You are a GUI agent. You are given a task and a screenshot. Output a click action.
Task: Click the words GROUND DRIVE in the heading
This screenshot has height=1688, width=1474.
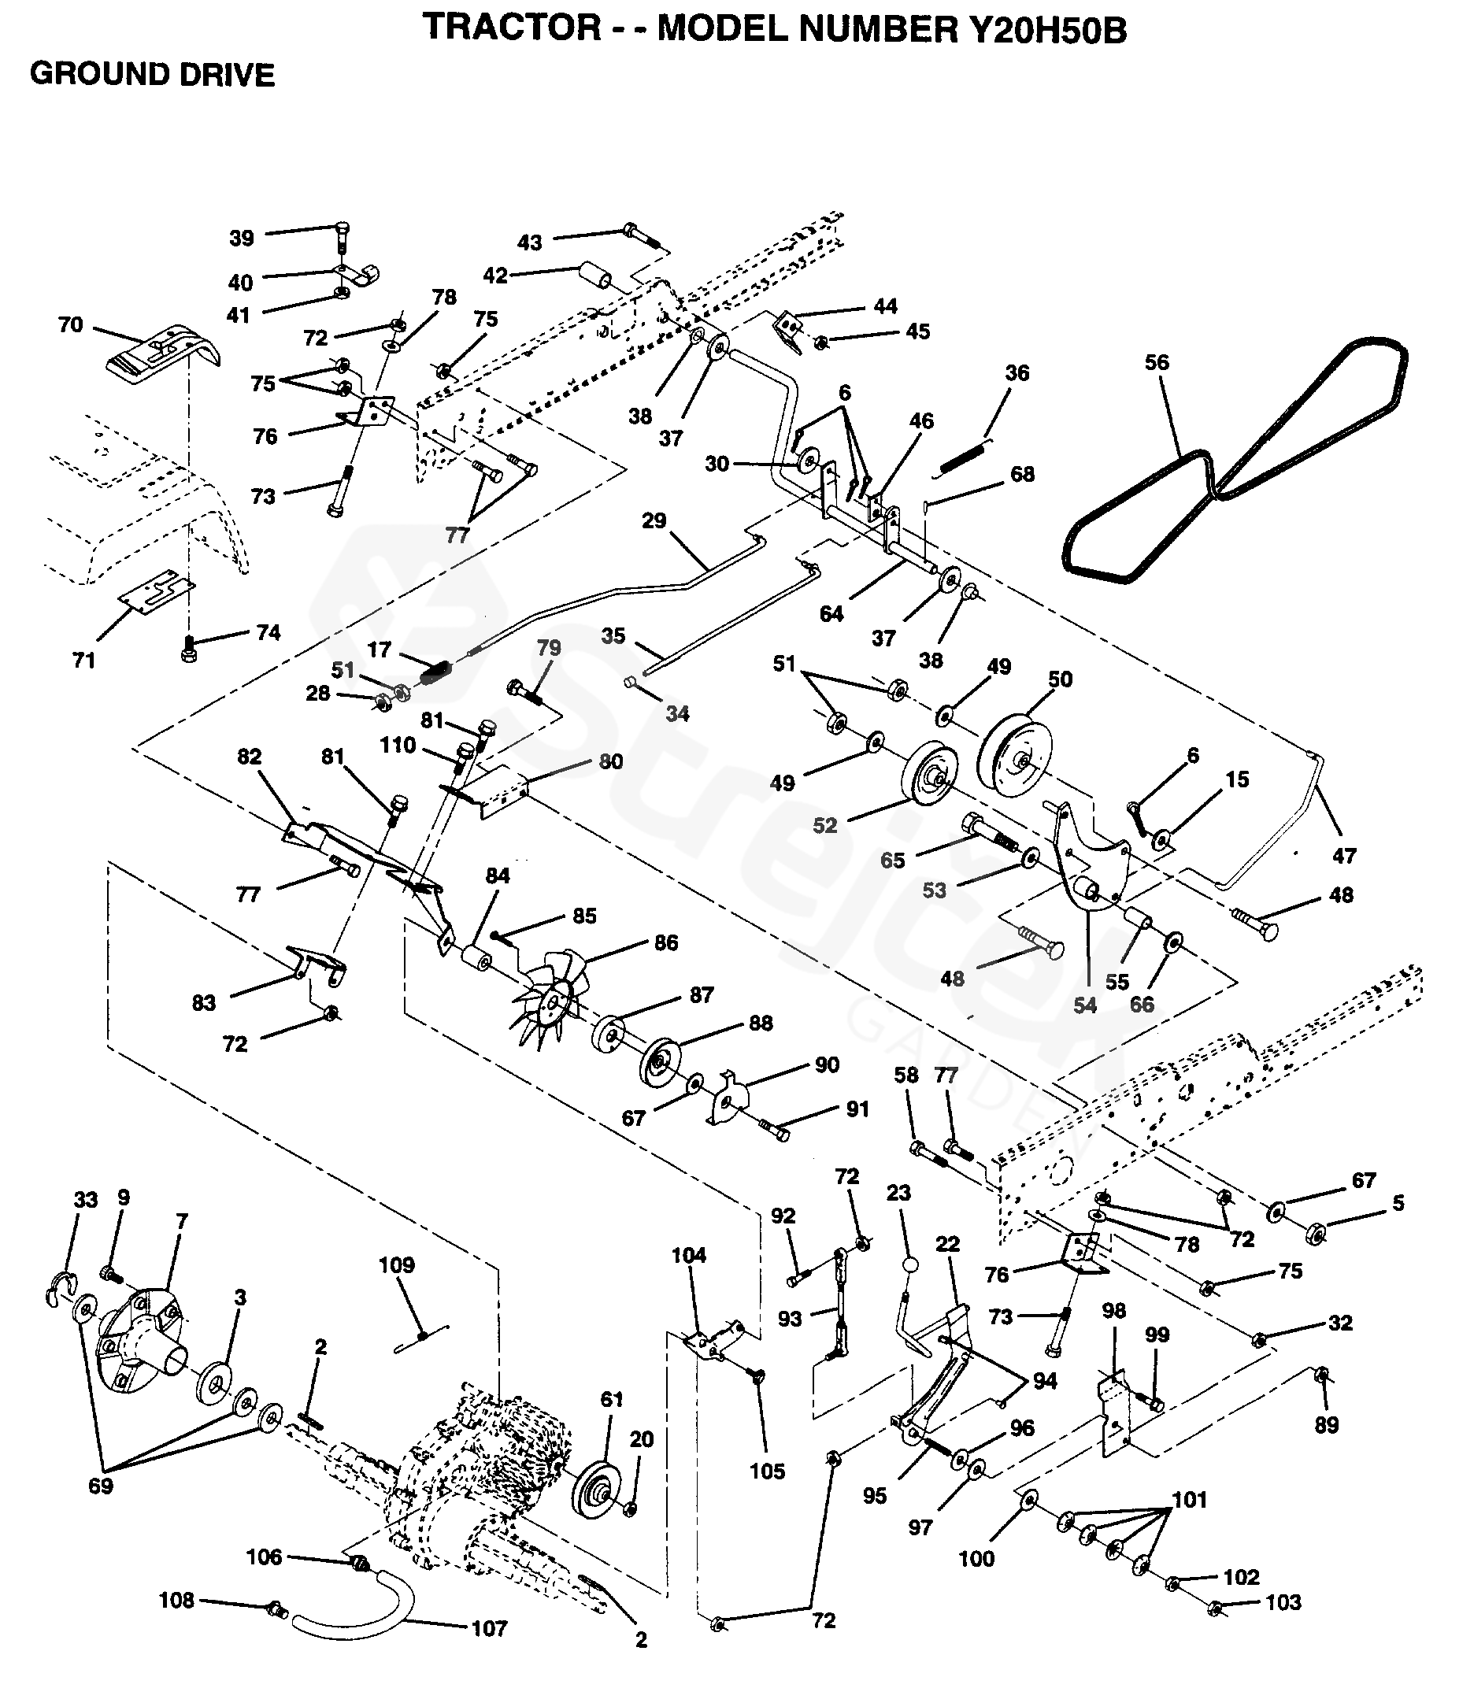pos(152,75)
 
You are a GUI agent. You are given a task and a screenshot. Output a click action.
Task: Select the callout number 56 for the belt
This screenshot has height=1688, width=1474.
pos(1157,363)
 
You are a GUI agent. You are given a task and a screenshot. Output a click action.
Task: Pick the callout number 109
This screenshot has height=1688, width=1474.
pos(397,1265)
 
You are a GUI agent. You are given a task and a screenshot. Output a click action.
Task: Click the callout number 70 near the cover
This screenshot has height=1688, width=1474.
pos(71,325)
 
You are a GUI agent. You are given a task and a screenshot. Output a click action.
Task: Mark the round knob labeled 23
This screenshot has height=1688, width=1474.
pos(909,1264)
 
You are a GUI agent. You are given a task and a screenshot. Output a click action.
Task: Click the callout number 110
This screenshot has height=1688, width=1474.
pos(398,746)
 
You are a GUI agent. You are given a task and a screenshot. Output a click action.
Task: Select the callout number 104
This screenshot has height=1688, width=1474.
pos(688,1255)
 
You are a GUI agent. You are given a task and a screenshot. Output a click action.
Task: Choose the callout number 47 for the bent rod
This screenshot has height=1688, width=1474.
pos(1343,857)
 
